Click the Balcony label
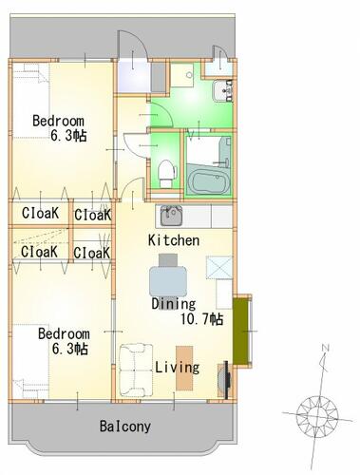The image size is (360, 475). point(125,427)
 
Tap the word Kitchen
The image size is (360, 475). point(174,240)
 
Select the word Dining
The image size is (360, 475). point(174,304)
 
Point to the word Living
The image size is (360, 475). point(178,368)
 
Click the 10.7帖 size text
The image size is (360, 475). point(201,319)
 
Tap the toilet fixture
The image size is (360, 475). point(165,173)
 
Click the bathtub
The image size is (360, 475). point(207,182)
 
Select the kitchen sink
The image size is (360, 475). point(171,216)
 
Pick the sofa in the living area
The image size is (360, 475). point(136,370)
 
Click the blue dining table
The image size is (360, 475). point(168,281)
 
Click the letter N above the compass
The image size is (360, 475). point(326,349)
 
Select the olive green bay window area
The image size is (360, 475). point(240,332)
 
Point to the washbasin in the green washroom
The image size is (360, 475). point(222,91)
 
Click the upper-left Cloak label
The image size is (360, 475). point(40,213)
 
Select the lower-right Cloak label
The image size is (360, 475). point(91,253)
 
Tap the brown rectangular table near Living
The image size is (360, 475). point(184,368)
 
